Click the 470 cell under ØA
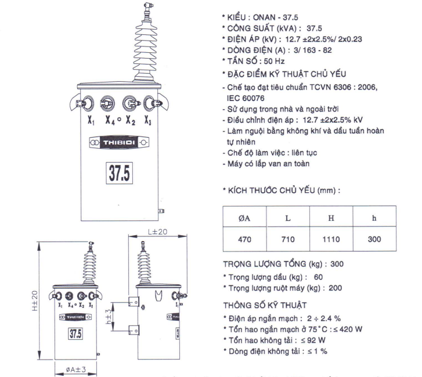point(244,239)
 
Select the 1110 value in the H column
point(331,239)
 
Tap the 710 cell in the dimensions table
point(288,239)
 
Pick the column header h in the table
point(374,218)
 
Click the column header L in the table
point(288,218)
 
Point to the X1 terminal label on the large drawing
point(91,120)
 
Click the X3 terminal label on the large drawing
point(148,120)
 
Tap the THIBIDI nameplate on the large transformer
point(119,142)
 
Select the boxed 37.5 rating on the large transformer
point(119,173)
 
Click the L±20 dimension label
point(157,232)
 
